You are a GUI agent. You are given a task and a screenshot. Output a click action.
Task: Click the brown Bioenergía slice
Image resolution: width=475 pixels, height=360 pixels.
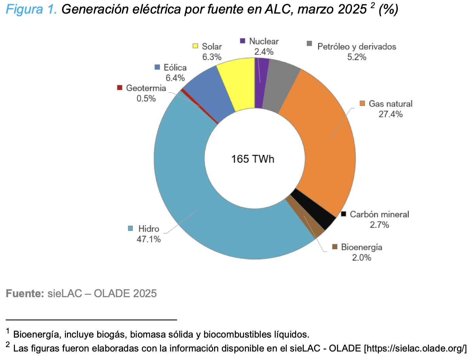pyautogui.click(x=304, y=217)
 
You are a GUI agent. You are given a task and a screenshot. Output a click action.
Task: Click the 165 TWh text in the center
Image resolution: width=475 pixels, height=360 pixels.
pyautogui.click(x=253, y=159)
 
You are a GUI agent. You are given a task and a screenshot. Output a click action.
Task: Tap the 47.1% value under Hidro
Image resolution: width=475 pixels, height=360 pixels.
pyautogui.click(x=148, y=239)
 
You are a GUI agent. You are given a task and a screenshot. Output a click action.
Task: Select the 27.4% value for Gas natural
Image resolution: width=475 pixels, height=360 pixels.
pyautogui.click(x=390, y=114)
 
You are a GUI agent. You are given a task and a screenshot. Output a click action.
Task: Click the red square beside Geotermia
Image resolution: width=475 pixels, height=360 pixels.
pyautogui.click(x=120, y=88)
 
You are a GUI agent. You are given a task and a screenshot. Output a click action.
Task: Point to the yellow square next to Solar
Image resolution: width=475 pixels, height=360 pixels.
pyautogui.click(x=195, y=46)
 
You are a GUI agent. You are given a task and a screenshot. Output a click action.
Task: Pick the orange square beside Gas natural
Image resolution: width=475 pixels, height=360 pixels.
pyautogui.click(x=363, y=103)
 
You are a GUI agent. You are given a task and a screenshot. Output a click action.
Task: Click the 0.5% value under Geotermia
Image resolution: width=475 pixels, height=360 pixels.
pyautogui.click(x=146, y=98)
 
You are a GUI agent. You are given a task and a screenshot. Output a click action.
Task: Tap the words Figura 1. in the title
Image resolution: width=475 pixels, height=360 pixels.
pyautogui.click(x=31, y=9)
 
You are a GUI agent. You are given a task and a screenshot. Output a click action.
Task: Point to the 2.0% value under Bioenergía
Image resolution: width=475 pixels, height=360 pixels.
pyautogui.click(x=362, y=257)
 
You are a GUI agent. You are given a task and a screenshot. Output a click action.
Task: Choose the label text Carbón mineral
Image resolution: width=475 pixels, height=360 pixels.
pyautogui.click(x=380, y=214)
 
